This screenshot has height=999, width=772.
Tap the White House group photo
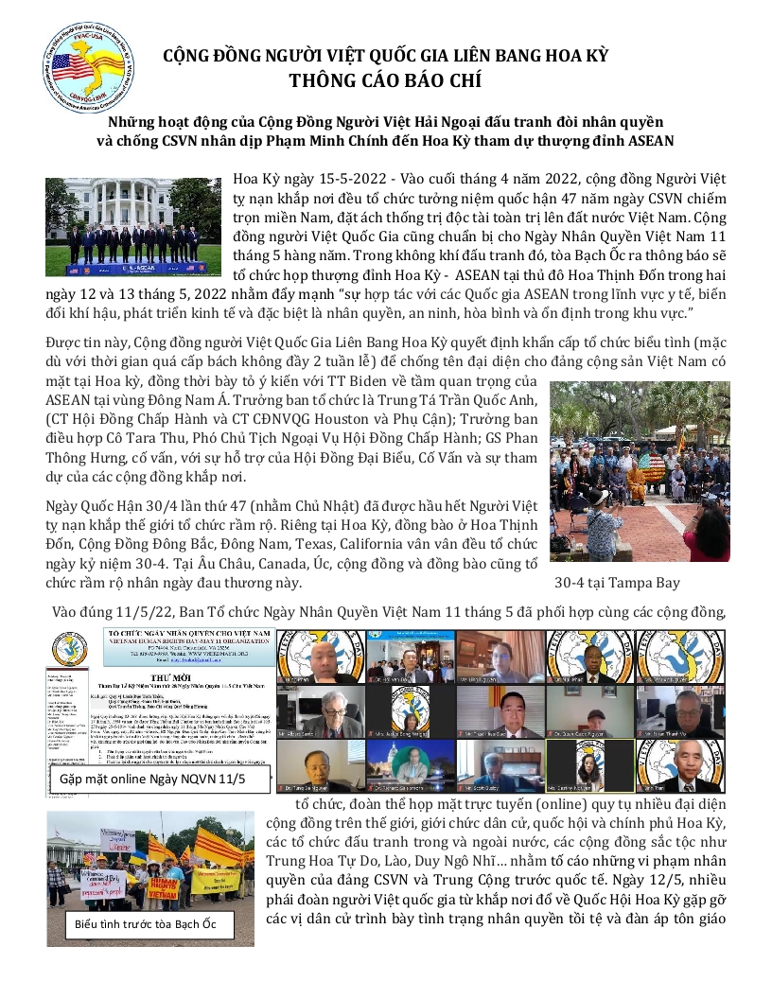pos(132,226)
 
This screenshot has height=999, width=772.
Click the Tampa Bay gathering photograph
pos(640,471)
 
